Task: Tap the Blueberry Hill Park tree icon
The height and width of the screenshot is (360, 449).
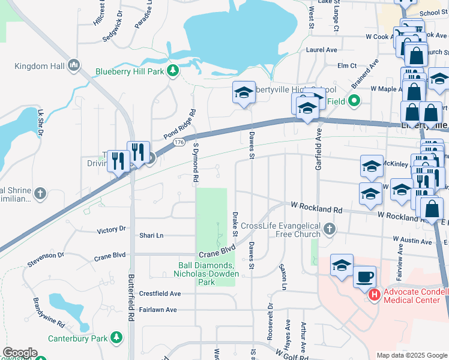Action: [x=173, y=71]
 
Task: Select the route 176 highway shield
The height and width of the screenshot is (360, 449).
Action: [x=179, y=142]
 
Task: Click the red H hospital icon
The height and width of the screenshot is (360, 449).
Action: [x=374, y=295]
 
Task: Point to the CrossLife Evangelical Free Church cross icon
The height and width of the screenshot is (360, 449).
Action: [x=329, y=229]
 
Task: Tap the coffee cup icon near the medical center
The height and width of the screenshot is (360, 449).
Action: [x=365, y=278]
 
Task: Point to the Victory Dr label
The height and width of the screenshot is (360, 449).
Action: [x=111, y=229]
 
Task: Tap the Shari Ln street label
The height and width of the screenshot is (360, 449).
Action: [x=151, y=236]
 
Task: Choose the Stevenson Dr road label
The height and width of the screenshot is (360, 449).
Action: [x=46, y=259]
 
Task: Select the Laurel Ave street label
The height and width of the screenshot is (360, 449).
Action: [x=323, y=50]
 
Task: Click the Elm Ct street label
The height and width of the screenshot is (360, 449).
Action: [x=347, y=65]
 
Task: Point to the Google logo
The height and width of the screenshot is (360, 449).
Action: [x=20, y=353]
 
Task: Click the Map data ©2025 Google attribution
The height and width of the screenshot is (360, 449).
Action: [x=411, y=355]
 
